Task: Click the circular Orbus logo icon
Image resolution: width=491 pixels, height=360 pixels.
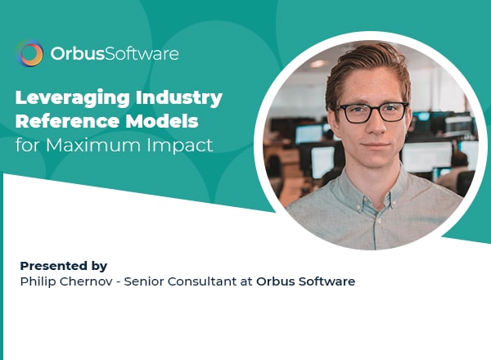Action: click(x=29, y=53)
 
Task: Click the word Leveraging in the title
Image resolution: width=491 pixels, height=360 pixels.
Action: click(x=72, y=98)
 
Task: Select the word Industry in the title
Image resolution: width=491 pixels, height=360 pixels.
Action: click(x=178, y=98)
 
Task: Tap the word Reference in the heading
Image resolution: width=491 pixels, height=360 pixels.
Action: click(x=67, y=121)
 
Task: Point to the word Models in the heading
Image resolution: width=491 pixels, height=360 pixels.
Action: click(x=162, y=121)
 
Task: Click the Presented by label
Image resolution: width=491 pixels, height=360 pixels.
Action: click(x=64, y=266)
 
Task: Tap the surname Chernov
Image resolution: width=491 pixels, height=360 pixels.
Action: click(x=86, y=281)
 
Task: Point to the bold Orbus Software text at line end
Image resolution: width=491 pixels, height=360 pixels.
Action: click(x=305, y=281)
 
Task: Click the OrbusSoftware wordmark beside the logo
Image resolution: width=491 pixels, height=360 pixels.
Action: click(x=115, y=53)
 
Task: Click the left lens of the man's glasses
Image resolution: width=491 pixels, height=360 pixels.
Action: click(x=355, y=114)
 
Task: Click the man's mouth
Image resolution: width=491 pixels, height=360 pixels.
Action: click(x=376, y=146)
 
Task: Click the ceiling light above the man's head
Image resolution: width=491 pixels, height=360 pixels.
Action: click(x=318, y=64)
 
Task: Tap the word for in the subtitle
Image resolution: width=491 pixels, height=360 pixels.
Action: click(x=28, y=146)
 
